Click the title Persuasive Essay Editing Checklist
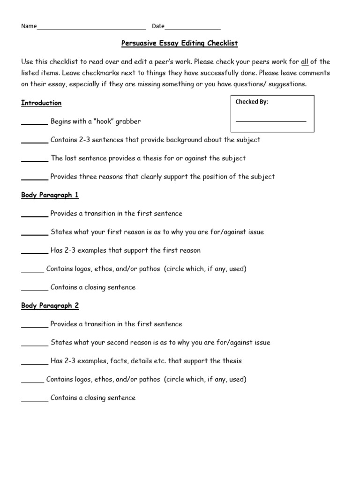point(180,44)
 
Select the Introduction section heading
point(41,103)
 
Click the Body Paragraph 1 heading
point(50,195)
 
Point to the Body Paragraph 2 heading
point(50,306)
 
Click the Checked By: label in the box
point(252,102)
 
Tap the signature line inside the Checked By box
point(270,121)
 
